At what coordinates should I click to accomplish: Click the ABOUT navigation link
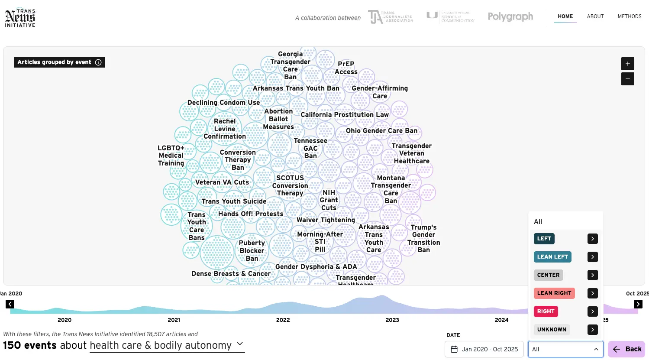[595, 16]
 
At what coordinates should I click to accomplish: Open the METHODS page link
[629, 16]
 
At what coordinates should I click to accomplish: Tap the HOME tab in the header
[565, 16]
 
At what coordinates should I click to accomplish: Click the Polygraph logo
[510, 17]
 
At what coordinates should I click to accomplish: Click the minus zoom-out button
[627, 79]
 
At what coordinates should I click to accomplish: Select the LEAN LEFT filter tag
[552, 257]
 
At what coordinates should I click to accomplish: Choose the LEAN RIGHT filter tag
[554, 293]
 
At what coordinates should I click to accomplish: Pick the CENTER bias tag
[548, 275]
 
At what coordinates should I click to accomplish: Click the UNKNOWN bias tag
[551, 330]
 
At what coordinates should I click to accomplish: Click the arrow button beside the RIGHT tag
[592, 311]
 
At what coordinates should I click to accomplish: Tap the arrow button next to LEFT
[592, 239]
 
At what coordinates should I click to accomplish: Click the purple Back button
[626, 349]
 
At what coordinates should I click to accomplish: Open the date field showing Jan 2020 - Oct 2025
[484, 349]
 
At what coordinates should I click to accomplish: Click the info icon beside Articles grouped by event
[98, 62]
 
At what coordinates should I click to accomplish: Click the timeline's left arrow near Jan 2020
[10, 304]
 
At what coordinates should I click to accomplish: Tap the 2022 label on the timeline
[283, 320]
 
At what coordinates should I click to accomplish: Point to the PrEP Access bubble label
[346, 68]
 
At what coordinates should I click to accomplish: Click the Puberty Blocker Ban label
[252, 251]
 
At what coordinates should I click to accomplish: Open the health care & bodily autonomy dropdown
[167, 346]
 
